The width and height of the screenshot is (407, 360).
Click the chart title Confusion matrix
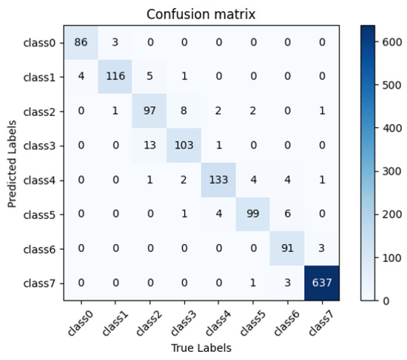point(201,14)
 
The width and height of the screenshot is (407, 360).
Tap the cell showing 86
point(81,44)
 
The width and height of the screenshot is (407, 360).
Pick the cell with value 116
point(115,78)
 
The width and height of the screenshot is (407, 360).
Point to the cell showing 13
point(149,146)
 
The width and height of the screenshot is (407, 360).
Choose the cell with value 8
point(184,112)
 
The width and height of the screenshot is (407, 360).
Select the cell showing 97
point(149,112)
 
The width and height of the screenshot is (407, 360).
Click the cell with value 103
point(184,146)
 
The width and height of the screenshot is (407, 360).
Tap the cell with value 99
point(253,214)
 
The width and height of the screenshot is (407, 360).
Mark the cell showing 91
point(288,248)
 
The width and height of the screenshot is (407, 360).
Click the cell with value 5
point(149,78)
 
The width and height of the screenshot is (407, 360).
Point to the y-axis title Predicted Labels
point(11,163)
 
